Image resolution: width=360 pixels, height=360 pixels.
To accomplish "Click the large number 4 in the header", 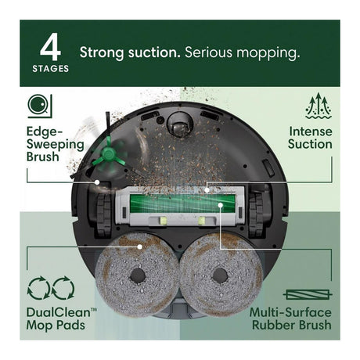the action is pyautogui.click(x=50, y=47).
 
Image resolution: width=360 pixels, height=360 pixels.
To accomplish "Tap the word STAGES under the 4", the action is pyautogui.click(x=51, y=69).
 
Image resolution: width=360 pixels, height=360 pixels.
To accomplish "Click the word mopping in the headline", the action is pyautogui.click(x=268, y=53).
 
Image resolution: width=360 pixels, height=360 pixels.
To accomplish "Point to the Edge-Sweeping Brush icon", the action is pyautogui.click(x=40, y=106).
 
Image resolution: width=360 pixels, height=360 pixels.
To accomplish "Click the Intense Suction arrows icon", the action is pyautogui.click(x=319, y=106).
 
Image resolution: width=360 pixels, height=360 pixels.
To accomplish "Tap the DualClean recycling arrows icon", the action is pyautogui.click(x=51, y=288).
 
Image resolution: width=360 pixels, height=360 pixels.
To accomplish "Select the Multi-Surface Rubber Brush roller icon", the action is pyautogui.click(x=308, y=295).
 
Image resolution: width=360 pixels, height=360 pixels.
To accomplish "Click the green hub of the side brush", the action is pyautogui.click(x=108, y=154).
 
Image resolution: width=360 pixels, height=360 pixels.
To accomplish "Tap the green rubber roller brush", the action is pyautogui.click(x=182, y=203).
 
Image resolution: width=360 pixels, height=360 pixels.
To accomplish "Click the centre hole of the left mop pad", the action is pyautogui.click(x=138, y=275).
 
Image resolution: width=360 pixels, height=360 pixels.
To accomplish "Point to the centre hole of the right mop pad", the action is pyautogui.click(x=221, y=276).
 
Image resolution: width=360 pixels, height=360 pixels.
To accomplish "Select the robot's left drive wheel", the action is pyautogui.click(x=105, y=216).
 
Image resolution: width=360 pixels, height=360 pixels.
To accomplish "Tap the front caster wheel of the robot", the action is pyautogui.click(x=180, y=124).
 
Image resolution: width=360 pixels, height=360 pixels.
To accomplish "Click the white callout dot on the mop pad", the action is pyautogui.click(x=140, y=247).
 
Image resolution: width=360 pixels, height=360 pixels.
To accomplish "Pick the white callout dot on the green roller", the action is pyautogui.click(x=221, y=205).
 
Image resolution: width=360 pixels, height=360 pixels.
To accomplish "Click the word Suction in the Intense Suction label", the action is pyautogui.click(x=310, y=144).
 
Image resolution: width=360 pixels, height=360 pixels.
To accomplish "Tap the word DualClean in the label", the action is pyautogui.click(x=58, y=312).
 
